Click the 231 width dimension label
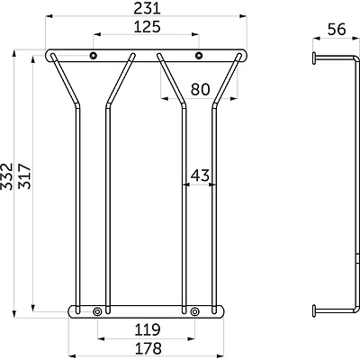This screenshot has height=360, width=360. [147, 8]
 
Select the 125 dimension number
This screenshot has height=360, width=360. [147, 27]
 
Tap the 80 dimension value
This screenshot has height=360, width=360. [200, 89]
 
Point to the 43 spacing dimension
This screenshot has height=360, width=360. [200, 175]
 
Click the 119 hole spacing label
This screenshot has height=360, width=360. [148, 329]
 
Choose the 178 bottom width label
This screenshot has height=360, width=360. [148, 348]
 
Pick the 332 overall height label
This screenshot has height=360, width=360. [6, 176]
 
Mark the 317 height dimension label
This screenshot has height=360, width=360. [24, 176]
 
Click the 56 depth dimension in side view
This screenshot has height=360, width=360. [337, 30]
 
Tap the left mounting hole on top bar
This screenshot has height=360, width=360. [94, 55]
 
